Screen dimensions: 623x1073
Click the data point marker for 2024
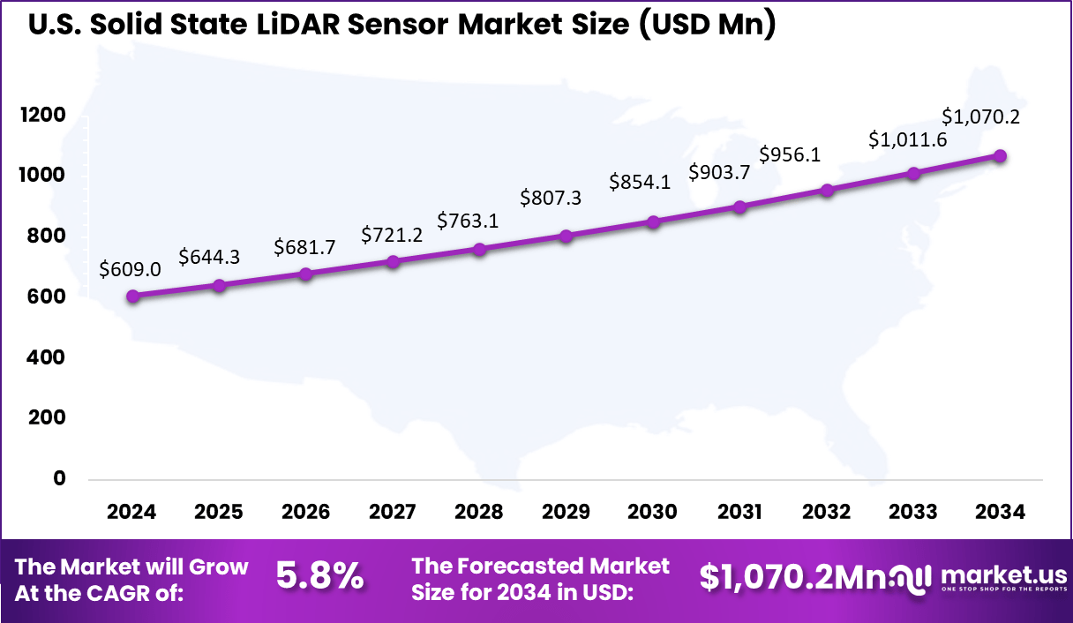pos(132,296)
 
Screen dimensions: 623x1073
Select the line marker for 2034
pos(1000,156)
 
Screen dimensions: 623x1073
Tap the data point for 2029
pos(566,236)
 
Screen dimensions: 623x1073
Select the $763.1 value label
pos(468,221)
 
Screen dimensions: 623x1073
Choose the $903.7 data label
pos(718,172)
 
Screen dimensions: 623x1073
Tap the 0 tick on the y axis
pos(60,478)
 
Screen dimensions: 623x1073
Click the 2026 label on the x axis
pos(305,513)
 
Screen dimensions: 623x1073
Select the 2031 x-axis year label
pos(739,513)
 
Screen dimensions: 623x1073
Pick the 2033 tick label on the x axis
pos(913,513)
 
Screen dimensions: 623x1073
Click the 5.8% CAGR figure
pos(319,576)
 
